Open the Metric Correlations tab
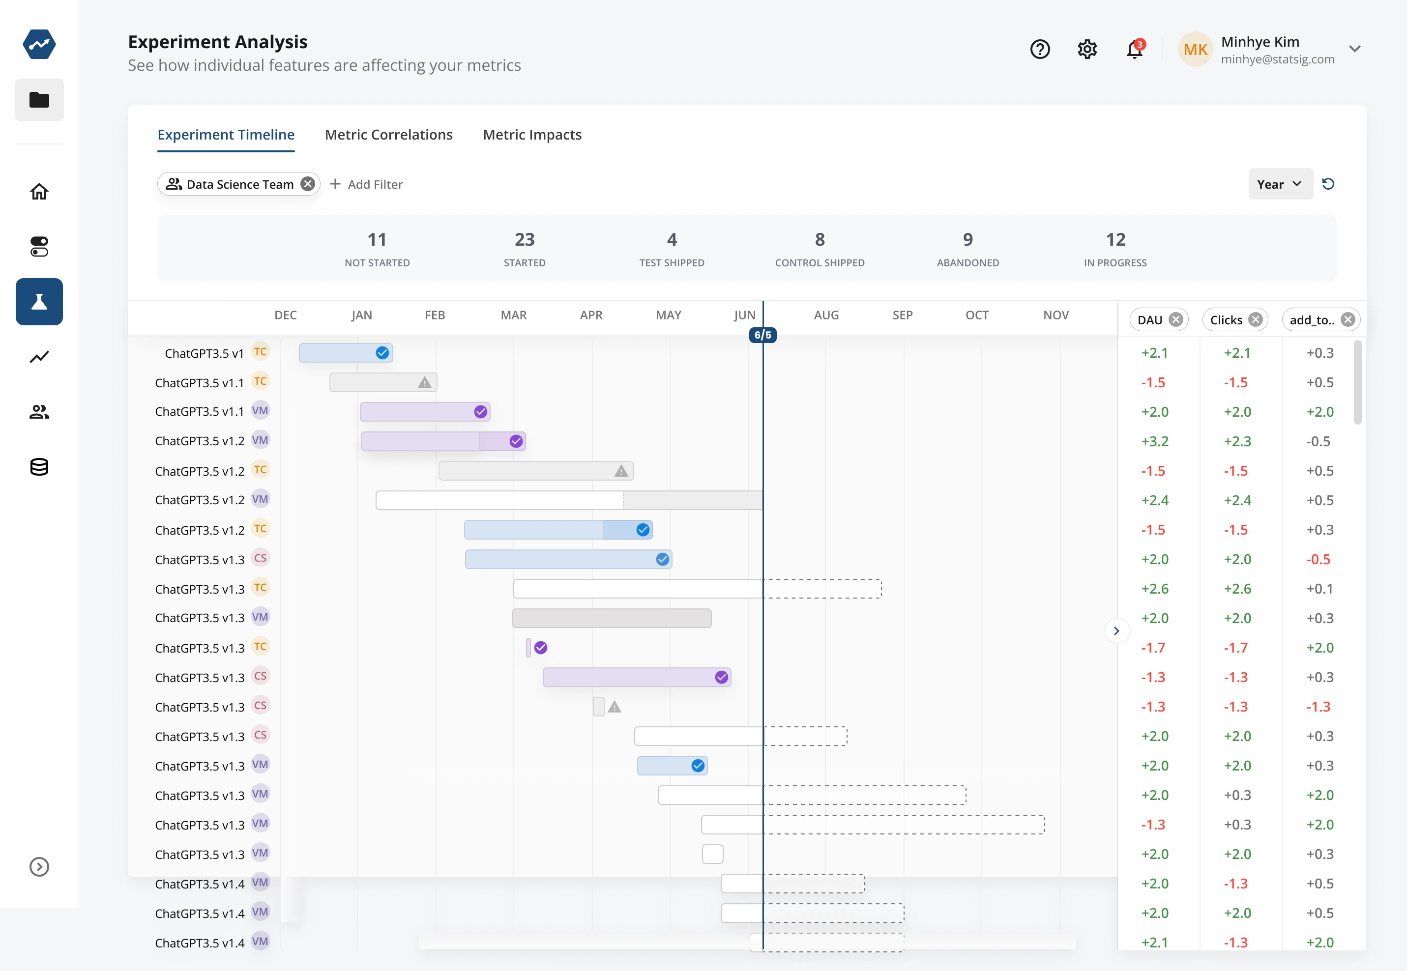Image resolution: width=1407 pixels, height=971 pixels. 388,135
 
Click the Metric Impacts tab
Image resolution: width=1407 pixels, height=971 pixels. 532,135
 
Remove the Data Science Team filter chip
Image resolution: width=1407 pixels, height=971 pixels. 308,184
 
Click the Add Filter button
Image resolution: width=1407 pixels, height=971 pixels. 366,184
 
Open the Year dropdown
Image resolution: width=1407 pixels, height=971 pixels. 1280,184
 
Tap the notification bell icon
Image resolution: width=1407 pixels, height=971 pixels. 1134,49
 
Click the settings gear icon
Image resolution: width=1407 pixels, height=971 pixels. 1087,49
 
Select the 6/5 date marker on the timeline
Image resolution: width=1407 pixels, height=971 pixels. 762,335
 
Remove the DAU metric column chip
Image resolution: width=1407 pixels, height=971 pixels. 1176,319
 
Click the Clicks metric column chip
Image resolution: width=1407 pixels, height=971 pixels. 1226,319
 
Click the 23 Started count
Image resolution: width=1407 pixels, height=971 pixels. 524,240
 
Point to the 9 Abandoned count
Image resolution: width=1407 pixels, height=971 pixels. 967,240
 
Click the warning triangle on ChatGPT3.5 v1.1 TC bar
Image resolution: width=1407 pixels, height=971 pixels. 424,383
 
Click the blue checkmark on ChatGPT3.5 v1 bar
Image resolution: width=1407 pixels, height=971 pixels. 382,353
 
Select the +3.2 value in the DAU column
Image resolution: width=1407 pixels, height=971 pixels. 1154,441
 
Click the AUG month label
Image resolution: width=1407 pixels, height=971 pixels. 826,315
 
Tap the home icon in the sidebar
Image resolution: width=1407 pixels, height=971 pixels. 39,192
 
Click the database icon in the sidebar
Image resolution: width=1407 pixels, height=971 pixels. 39,467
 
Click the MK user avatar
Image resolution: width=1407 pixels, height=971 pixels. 1195,49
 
